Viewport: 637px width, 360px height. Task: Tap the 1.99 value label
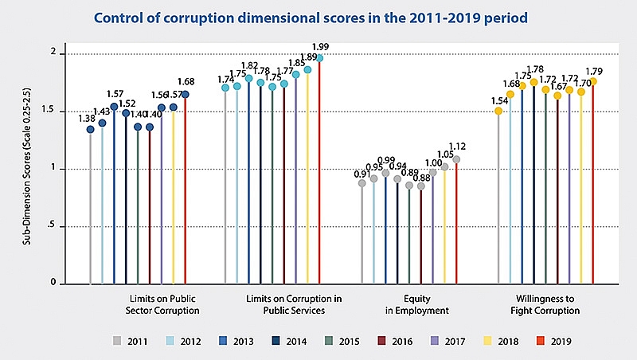[321, 47]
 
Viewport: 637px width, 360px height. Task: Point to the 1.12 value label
[457, 146]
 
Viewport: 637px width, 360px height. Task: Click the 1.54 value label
[498, 100]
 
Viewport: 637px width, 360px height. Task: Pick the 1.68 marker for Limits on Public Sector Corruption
[186, 95]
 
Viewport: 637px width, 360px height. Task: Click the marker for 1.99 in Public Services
[320, 58]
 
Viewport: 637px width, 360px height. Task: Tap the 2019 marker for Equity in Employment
[456, 159]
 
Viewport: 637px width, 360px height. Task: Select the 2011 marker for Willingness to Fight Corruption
[498, 112]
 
